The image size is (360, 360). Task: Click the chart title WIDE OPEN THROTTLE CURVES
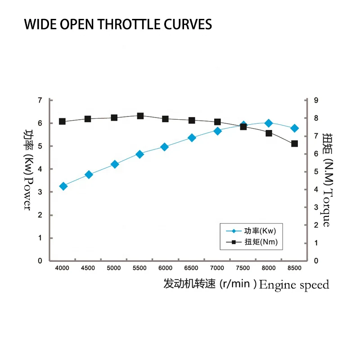[118, 24]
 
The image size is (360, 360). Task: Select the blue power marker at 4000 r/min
[63, 186]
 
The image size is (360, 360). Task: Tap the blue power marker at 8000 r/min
[269, 123]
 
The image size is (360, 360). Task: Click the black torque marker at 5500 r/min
[140, 116]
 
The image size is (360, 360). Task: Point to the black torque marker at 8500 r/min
[294, 144]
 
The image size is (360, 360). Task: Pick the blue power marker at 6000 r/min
[165, 147]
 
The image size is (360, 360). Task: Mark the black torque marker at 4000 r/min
[63, 121]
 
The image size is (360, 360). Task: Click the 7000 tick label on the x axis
[217, 268]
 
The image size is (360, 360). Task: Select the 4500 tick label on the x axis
[88, 268]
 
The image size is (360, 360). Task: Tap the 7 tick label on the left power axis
[40, 100]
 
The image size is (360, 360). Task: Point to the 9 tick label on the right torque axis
[316, 100]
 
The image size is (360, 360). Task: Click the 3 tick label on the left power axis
[40, 192]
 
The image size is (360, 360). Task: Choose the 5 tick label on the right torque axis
[316, 171]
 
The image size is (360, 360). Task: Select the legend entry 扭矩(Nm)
[261, 243]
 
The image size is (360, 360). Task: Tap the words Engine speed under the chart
[294, 284]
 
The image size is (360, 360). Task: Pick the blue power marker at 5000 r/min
[114, 165]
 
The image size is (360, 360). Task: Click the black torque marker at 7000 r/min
[217, 122]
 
